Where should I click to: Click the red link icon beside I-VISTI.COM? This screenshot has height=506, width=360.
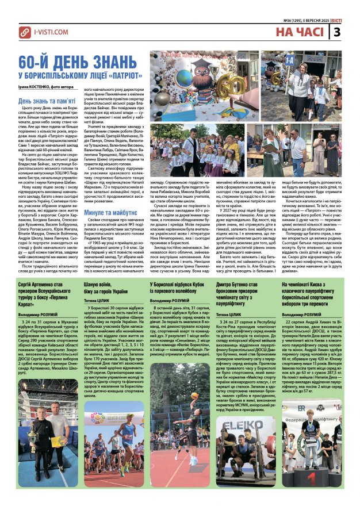tap(25, 34)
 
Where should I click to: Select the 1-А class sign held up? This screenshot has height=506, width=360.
tap(288, 58)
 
